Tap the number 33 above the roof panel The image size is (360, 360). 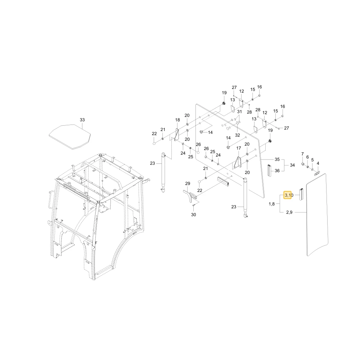[82, 120]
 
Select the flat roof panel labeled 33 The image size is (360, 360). [70, 137]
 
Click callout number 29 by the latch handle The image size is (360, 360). [188, 184]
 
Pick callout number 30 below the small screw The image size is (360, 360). [194, 215]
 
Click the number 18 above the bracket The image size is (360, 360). [177, 120]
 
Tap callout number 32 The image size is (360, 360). [237, 135]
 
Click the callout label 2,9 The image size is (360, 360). [289, 212]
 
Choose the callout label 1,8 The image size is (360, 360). [271, 204]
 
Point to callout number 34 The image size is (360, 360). [292, 165]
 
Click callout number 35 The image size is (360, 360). [277, 159]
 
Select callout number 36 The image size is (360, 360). [277, 171]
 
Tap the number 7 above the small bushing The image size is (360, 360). [302, 154]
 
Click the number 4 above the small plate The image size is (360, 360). [318, 163]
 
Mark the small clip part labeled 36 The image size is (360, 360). [269, 170]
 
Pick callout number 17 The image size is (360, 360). [239, 148]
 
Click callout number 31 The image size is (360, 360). [239, 112]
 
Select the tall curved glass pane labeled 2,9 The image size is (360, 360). [318, 215]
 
